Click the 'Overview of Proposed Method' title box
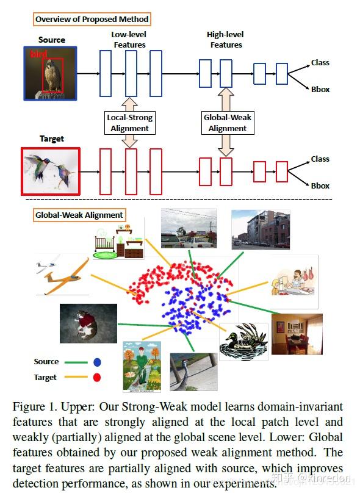[x=92, y=20]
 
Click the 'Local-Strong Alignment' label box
[x=130, y=123]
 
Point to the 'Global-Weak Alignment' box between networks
[x=228, y=123]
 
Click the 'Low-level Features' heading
[x=129, y=40]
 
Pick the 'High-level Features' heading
[x=225, y=40]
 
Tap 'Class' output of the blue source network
[x=320, y=62]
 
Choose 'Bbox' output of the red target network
[x=320, y=185]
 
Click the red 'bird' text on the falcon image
[x=38, y=55]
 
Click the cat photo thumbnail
[x=88, y=323]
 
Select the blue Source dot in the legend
[x=97, y=362]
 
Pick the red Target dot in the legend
[x=97, y=378]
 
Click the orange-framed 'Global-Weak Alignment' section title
[x=79, y=215]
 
